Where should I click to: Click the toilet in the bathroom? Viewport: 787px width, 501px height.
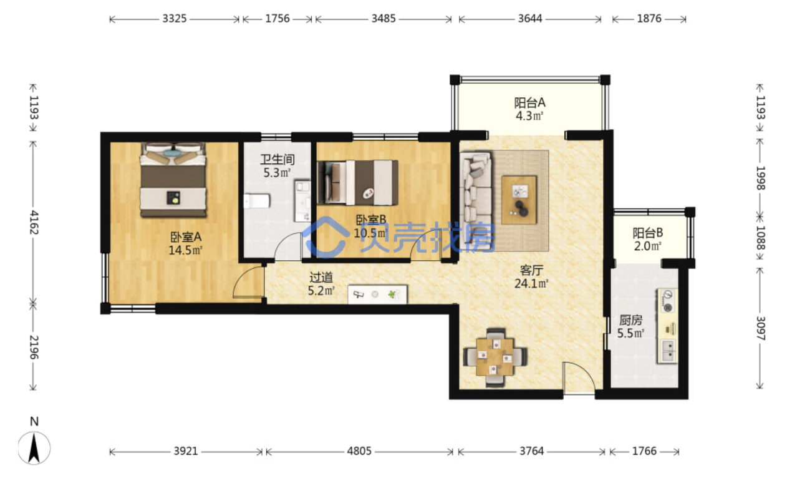click(x=257, y=201)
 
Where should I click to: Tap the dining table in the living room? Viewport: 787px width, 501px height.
click(x=495, y=358)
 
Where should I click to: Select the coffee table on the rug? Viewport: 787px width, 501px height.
click(x=519, y=200)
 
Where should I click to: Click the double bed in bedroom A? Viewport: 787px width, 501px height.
click(x=173, y=179)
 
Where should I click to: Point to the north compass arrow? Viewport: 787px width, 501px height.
click(x=34, y=448)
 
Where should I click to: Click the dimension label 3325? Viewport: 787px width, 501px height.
click(x=174, y=19)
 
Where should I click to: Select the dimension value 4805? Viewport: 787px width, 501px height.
click(x=359, y=451)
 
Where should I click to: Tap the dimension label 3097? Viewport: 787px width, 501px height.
click(x=760, y=328)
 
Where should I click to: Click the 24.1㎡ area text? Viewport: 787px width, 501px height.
click(x=531, y=283)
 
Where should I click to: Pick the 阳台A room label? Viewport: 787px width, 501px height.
click(x=530, y=103)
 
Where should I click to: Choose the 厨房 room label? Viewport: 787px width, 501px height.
click(x=630, y=320)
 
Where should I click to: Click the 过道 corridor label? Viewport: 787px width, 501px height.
click(x=321, y=278)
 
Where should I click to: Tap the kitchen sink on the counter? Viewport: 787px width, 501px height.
click(x=667, y=351)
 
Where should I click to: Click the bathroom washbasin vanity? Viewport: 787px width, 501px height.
click(x=302, y=201)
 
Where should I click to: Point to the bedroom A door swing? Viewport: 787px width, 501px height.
click(x=248, y=282)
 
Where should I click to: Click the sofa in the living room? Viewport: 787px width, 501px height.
click(x=475, y=200)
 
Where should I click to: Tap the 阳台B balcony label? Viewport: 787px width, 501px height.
click(x=647, y=233)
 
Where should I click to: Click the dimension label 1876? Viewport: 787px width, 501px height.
click(x=649, y=19)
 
